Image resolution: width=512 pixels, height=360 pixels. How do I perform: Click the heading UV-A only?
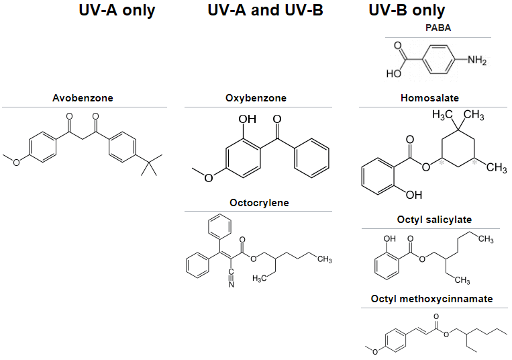(x=117, y=10)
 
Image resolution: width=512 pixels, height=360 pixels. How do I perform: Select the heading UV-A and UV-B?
(x=266, y=10)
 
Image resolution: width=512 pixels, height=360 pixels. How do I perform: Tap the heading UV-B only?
(x=407, y=10)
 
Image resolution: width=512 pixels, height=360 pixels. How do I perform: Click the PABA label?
(x=438, y=28)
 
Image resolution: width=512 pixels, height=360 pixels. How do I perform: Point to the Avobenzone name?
(x=83, y=98)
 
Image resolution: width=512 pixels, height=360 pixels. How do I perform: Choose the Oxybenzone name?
(x=256, y=98)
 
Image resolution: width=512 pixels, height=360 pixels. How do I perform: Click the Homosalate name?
(x=429, y=98)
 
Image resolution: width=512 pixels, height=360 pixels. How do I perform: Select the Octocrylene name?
(x=259, y=202)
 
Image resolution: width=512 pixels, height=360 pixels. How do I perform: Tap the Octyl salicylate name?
(x=433, y=220)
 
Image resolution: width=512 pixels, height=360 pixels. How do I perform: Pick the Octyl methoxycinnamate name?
(x=431, y=298)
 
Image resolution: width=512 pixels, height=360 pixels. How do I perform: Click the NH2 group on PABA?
(x=477, y=60)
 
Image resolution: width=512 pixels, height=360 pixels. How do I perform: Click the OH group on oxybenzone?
(x=248, y=119)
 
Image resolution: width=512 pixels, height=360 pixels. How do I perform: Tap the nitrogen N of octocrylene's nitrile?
(x=231, y=285)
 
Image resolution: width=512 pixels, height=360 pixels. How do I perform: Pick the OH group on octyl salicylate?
(x=390, y=238)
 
